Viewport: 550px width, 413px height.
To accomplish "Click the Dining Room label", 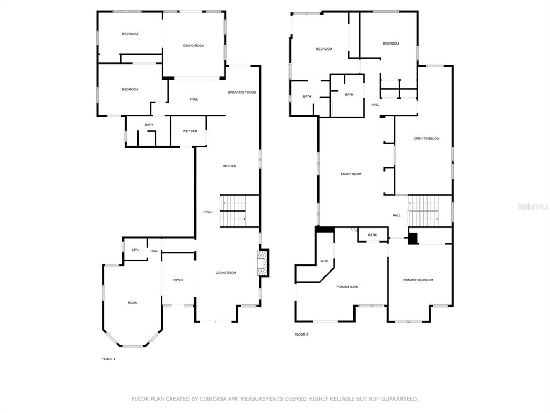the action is (193, 46).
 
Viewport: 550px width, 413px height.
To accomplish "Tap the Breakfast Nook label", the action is (242, 92).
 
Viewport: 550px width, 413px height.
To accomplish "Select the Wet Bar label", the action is (190, 131).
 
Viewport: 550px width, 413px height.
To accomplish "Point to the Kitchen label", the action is (229, 166).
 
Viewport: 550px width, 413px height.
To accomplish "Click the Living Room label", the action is (226, 273).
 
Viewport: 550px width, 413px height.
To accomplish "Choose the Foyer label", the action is (178, 280).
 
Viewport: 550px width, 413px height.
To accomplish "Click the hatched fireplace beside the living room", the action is (263, 263).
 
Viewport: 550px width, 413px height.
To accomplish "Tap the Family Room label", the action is (351, 174).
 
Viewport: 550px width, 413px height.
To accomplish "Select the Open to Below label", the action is (426, 139).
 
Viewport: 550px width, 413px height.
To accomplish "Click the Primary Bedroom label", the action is (418, 280).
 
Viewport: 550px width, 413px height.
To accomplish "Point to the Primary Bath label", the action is (347, 287).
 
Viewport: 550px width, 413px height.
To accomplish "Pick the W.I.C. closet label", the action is (324, 261).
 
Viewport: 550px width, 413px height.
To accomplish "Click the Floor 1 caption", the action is (108, 359).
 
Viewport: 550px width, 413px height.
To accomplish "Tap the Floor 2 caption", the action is (301, 334).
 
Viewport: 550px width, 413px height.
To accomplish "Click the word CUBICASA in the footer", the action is (213, 399).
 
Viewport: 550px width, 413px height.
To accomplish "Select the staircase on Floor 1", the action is (233, 211).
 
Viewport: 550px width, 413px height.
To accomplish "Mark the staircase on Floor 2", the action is (424, 211).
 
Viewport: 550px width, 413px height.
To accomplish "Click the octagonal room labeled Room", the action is (133, 303).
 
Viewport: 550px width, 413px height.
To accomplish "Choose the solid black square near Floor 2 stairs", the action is (413, 239).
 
